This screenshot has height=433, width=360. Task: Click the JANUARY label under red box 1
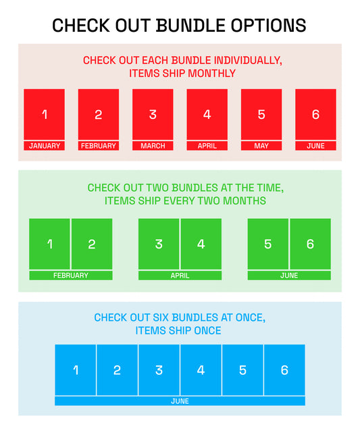(x=44, y=146)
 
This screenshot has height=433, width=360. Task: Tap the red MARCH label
(x=153, y=146)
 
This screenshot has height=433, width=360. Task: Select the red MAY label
(x=261, y=146)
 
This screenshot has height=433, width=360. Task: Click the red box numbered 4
(x=207, y=114)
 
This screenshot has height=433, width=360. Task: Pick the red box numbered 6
(x=315, y=114)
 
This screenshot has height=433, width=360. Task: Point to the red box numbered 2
(x=99, y=114)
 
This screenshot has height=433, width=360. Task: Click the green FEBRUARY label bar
(x=71, y=276)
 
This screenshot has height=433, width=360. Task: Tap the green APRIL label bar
(x=180, y=276)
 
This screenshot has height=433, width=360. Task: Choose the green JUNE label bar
(x=289, y=276)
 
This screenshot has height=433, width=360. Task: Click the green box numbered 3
(x=159, y=244)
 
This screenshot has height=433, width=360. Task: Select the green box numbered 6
(x=310, y=244)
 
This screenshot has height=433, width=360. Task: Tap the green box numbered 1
(x=50, y=244)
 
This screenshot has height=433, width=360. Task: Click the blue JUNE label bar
(x=180, y=401)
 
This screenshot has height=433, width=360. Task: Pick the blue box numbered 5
(x=242, y=370)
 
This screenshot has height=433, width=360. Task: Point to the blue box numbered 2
(x=117, y=370)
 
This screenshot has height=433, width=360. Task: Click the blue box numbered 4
(x=201, y=370)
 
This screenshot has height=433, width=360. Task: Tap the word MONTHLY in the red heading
(x=212, y=74)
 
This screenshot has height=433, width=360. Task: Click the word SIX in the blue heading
(x=161, y=317)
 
